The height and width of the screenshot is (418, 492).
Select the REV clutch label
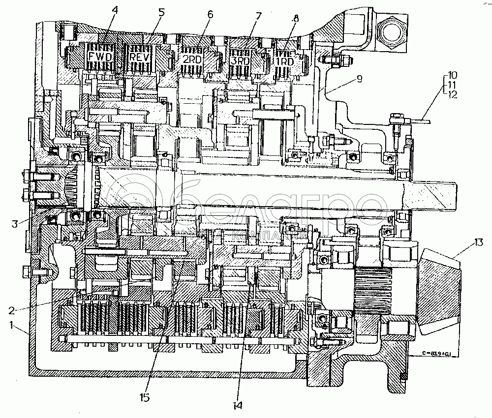pos(139,57)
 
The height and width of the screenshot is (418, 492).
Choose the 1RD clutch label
pos(284,62)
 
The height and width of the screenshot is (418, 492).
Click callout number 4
pos(114,9)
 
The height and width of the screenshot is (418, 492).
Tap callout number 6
pos(210,14)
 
